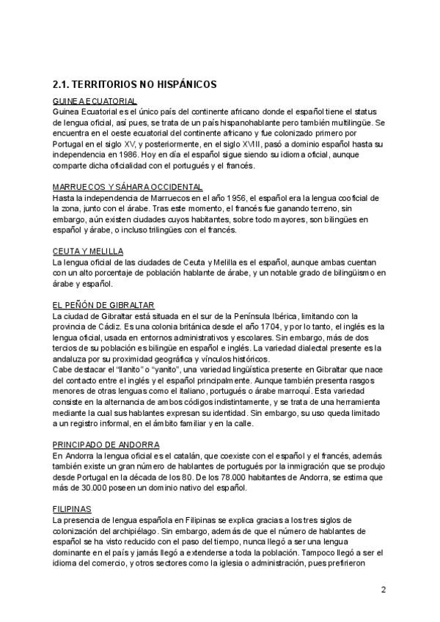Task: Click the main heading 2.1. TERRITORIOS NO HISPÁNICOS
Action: pos(134,84)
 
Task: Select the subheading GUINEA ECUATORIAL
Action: pos(95,100)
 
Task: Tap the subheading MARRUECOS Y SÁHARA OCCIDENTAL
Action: pos(128,188)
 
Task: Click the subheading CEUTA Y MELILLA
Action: pos(88,251)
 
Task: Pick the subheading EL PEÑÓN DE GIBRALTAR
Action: pos(103,304)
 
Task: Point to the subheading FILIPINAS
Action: pos(71,508)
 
